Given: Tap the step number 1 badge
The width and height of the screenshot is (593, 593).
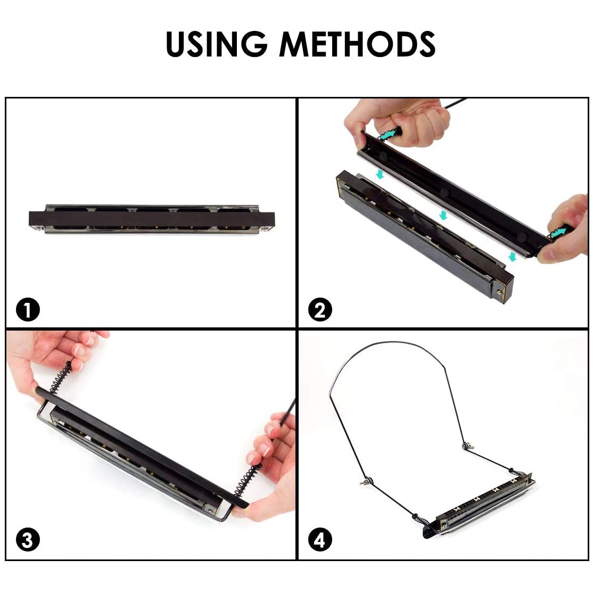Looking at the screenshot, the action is coord(28,310).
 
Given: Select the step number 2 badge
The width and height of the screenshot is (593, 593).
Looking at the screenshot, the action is coord(320,310).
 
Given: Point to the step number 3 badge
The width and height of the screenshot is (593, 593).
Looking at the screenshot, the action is coord(28,540).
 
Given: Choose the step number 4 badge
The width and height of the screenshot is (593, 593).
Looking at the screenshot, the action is coord(320,540).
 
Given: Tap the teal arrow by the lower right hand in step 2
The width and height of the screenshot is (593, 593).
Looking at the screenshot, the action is coord(559,232).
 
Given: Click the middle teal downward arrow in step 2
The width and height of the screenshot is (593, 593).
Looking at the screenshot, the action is coord(443,215).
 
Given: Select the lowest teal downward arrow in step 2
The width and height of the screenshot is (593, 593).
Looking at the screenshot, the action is coord(513,257).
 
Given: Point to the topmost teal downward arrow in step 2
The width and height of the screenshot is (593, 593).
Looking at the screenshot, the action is coord(380,174).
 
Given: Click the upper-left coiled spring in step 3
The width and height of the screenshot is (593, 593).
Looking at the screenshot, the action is coord(60,377).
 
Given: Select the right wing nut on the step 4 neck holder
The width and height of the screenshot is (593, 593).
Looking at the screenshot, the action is coord(468,446).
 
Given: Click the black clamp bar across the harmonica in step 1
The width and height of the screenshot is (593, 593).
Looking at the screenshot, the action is coord(152,219).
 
